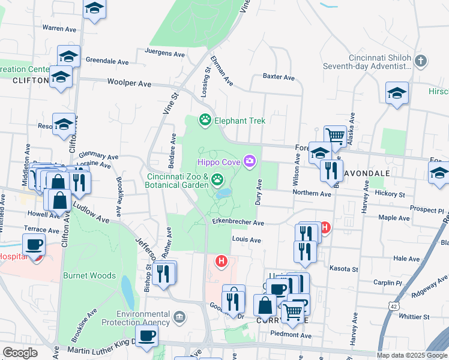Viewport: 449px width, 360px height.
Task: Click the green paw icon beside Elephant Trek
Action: (x=206, y=121)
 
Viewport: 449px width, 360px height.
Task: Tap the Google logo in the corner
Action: (x=20, y=353)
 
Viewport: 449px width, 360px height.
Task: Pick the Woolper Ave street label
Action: (x=129, y=83)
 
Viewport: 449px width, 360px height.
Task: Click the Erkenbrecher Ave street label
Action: (x=238, y=222)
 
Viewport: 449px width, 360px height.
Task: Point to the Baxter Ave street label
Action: (x=279, y=77)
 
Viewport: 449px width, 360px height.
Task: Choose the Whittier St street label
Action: (x=419, y=316)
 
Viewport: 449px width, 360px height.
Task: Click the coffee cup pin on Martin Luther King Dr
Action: (x=146, y=335)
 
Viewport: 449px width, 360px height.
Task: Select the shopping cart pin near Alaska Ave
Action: (x=335, y=136)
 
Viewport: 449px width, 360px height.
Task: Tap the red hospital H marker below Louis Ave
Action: (x=221, y=262)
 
